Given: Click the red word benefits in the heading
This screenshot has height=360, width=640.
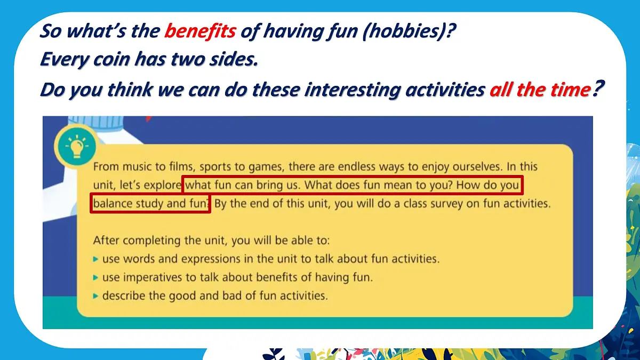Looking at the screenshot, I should pyautogui.click(x=199, y=31).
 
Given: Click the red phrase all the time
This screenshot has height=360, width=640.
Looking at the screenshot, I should pyautogui.click(x=539, y=90).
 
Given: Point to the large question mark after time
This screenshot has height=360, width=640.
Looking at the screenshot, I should pyautogui.click(x=598, y=87).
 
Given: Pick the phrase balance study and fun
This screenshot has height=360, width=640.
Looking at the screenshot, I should pyautogui.click(x=150, y=204).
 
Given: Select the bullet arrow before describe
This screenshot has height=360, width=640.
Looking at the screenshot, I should pyautogui.click(x=95, y=295).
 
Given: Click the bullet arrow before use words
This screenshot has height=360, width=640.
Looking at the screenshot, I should pyautogui.click(x=95, y=259).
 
